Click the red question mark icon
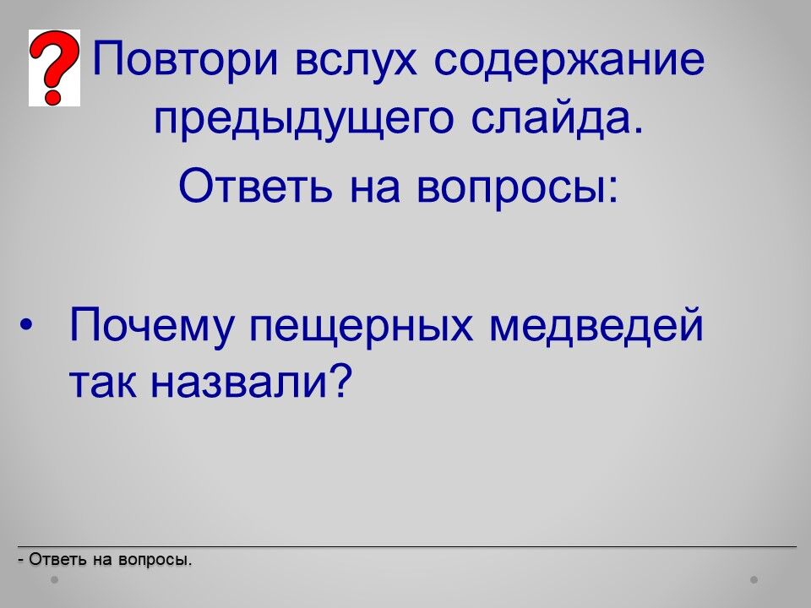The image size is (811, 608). (54, 68)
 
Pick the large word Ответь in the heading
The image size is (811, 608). (255, 185)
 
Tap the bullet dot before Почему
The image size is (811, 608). (26, 326)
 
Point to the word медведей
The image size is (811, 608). (596, 327)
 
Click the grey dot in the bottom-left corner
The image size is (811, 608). (54, 579)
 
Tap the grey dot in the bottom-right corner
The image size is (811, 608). (754, 579)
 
